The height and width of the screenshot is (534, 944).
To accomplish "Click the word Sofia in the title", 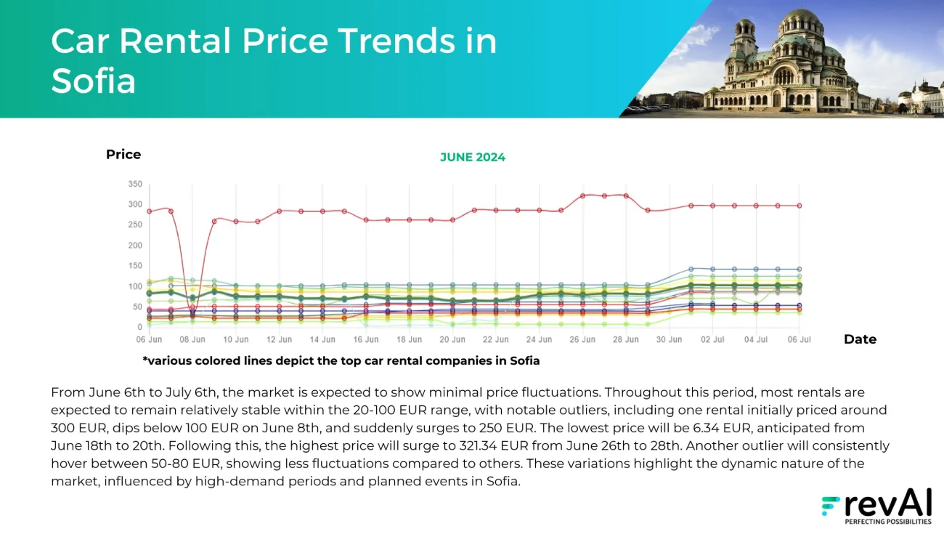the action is coord(93,81).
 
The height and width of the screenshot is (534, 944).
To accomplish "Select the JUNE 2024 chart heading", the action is coord(473,158).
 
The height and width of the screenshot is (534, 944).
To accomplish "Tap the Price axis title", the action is coord(123,154).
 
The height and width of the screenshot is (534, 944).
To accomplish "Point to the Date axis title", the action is coord(860,339).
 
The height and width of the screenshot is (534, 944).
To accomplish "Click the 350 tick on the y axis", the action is coord(135,184).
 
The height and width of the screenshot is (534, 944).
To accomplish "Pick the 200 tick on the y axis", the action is coord(135,246).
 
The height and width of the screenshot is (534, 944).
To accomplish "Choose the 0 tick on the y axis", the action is coord(139,327).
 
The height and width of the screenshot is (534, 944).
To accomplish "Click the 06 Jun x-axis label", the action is coord(149,339).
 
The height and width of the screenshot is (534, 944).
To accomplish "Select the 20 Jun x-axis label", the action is coord(452,339).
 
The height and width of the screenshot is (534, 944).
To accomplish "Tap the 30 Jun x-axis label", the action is coord(669,339).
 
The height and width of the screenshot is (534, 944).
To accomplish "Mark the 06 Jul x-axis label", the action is coord(799,339).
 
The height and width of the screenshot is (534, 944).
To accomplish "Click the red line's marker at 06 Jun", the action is coord(149,211).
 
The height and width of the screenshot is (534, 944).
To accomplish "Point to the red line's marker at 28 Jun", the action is coord(626,196).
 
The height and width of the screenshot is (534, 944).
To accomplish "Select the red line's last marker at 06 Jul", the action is coord(799,206).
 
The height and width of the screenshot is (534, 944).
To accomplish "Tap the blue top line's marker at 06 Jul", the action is coord(799,269).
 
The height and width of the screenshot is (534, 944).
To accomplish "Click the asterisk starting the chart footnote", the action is coord(145,359).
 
